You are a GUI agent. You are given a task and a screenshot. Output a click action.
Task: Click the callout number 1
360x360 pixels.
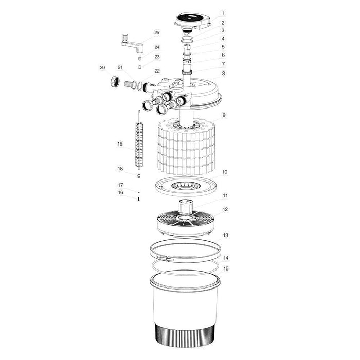pyautogui.click(x=223, y=12)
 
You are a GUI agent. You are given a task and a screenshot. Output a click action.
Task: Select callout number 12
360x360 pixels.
pyautogui.click(x=225, y=210)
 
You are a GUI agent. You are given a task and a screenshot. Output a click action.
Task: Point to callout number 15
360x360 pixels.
pyautogui.click(x=226, y=268)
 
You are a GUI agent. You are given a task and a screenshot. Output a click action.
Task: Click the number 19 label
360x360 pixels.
pyautogui.click(x=120, y=145)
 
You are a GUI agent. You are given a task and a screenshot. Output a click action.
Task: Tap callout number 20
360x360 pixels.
pyautogui.click(x=102, y=67)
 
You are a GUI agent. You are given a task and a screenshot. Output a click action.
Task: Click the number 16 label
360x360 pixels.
pyautogui.click(x=121, y=192)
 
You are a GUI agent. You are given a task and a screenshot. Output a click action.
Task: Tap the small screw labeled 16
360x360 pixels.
pyautogui.click(x=139, y=199)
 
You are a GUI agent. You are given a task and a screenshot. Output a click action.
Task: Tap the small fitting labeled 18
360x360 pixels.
pyautogui.click(x=138, y=176)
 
